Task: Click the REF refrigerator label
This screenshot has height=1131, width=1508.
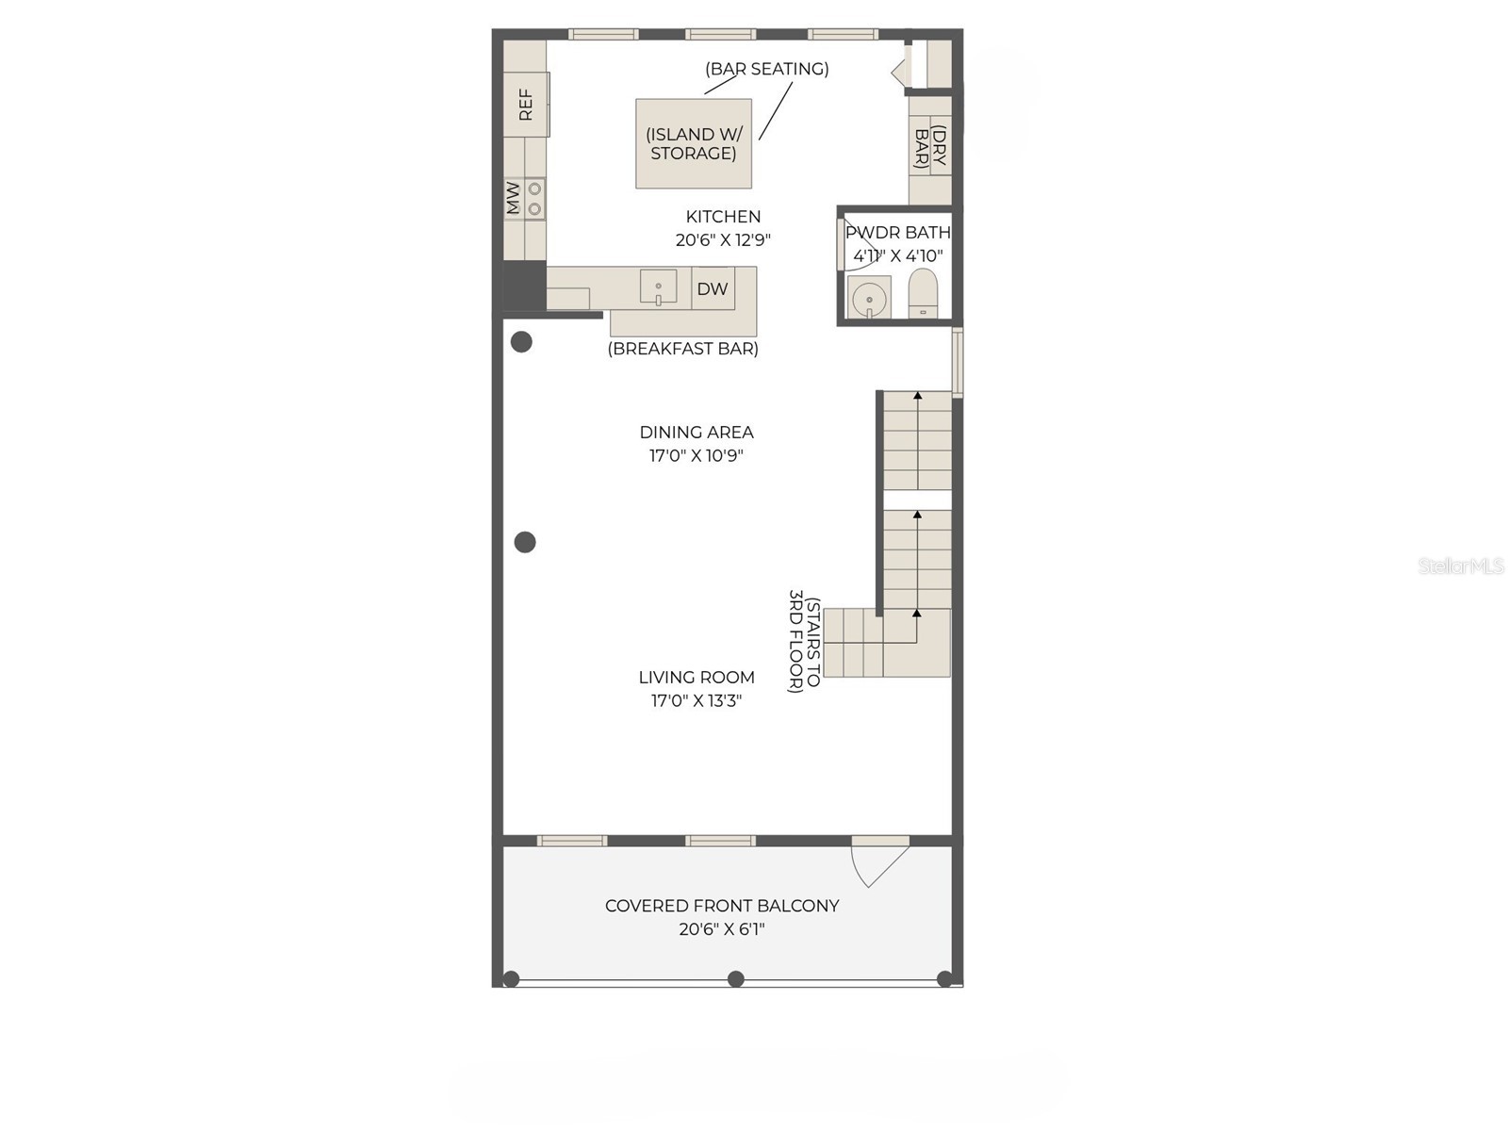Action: point(526,105)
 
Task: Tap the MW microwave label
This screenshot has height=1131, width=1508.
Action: point(513,199)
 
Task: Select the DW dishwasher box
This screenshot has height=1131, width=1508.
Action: point(713,288)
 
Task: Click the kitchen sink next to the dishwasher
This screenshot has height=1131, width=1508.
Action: point(658,287)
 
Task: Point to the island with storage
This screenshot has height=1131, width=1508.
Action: point(694,144)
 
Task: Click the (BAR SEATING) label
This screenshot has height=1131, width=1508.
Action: point(766,69)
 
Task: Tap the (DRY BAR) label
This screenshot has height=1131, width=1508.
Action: point(930,147)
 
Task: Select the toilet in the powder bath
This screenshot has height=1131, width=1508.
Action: point(923,294)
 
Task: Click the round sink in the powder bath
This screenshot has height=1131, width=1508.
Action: point(869,300)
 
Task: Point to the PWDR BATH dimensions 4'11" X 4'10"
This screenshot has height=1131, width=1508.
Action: point(897,255)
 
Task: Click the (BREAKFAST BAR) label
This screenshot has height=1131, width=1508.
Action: point(682,349)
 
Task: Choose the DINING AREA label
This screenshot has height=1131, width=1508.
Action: point(697,433)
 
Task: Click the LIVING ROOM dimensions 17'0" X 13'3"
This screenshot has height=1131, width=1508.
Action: point(697,700)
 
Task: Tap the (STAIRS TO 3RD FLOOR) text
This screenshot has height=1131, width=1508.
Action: point(804,641)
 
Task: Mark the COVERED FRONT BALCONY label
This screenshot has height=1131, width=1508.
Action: point(722,906)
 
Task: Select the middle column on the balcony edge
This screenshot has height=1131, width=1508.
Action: point(736,979)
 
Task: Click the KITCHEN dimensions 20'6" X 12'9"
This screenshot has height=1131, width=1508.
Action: point(723,240)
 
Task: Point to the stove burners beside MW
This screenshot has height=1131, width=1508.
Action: point(534,199)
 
